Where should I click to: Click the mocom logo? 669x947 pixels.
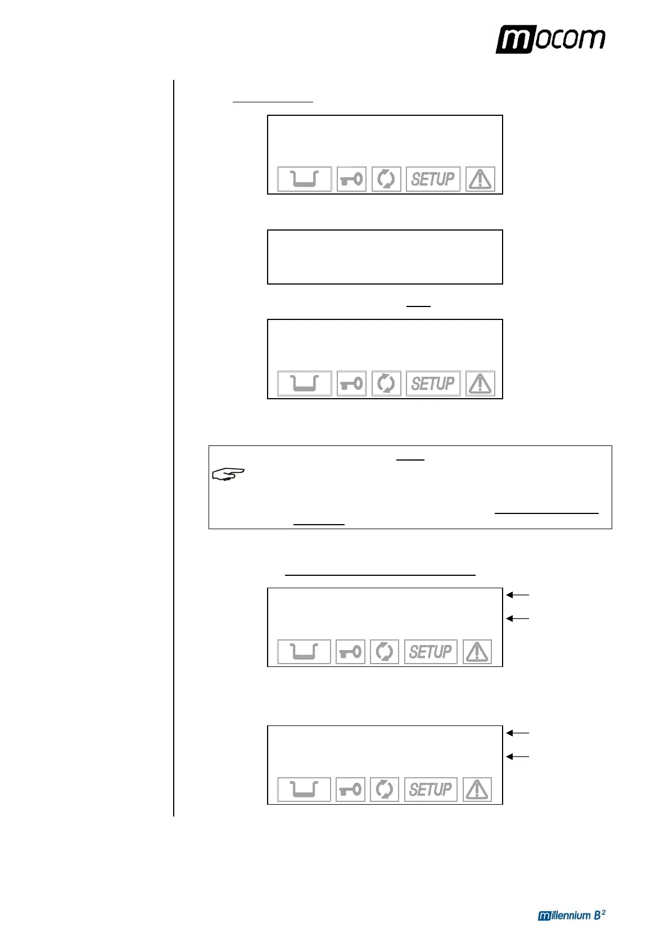point(550,39)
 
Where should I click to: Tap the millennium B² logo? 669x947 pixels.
point(571,915)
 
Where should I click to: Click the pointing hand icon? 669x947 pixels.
point(228,475)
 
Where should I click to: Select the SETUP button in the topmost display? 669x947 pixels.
point(433,179)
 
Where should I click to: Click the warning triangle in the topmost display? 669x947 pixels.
point(480,179)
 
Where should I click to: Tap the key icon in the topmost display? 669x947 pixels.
point(351,179)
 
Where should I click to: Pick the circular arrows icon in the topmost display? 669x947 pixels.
point(386,179)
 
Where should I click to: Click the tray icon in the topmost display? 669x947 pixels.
point(304,179)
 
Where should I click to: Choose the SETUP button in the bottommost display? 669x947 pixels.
point(431,790)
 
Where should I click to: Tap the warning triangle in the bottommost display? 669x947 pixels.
point(477,790)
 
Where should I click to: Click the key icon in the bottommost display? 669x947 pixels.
point(350,790)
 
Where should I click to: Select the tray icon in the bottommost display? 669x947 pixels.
point(304,790)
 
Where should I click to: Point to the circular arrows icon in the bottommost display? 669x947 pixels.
point(385,790)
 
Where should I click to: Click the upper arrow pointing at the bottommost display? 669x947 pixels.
point(517,733)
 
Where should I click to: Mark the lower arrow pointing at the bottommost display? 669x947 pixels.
point(517,756)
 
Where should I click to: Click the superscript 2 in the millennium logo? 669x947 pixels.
point(603,912)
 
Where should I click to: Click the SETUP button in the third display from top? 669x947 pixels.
point(433,384)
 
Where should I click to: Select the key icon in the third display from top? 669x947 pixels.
point(351,384)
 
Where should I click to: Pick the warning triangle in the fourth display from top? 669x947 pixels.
point(477,652)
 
